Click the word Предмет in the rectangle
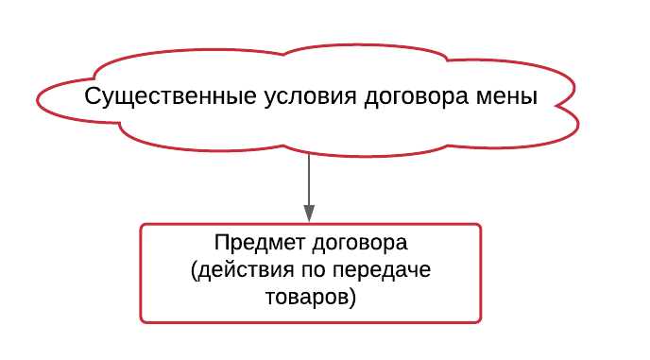pyautogui.click(x=252, y=243)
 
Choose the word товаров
pyautogui.click(x=306, y=299)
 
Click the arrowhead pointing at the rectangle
pyautogui.click(x=309, y=214)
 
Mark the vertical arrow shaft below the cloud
pyautogui.click(x=309, y=180)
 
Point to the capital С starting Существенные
pyautogui.click(x=91, y=96)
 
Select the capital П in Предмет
pyautogui.click(x=220, y=243)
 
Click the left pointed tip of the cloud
pyautogui.click(x=39, y=97)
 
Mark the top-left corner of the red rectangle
pyautogui.click(x=143, y=226)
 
